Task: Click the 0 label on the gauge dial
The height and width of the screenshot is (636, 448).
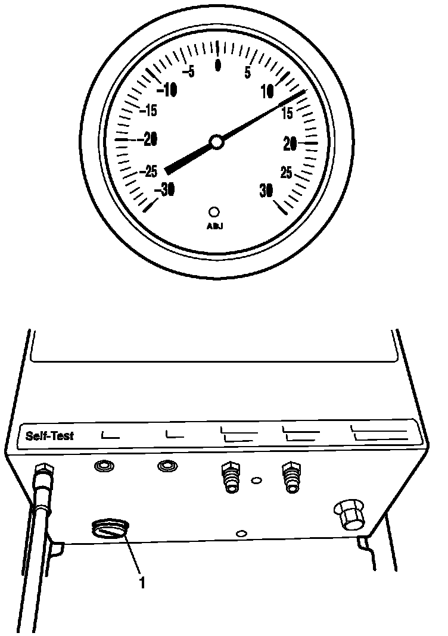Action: pos(218,64)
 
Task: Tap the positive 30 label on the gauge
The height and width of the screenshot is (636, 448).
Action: pos(266,189)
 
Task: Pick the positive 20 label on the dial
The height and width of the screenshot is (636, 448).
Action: pos(290,143)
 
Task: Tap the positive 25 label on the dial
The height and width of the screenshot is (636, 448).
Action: pos(286,173)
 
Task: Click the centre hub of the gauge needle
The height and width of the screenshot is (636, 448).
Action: pos(217,142)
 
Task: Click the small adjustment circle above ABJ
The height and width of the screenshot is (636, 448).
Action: pos(214,211)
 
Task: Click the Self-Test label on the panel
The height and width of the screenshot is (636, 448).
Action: pos(49,435)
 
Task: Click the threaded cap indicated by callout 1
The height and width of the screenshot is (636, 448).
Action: pos(110,529)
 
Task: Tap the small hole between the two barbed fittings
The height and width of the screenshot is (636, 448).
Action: pos(256,479)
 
